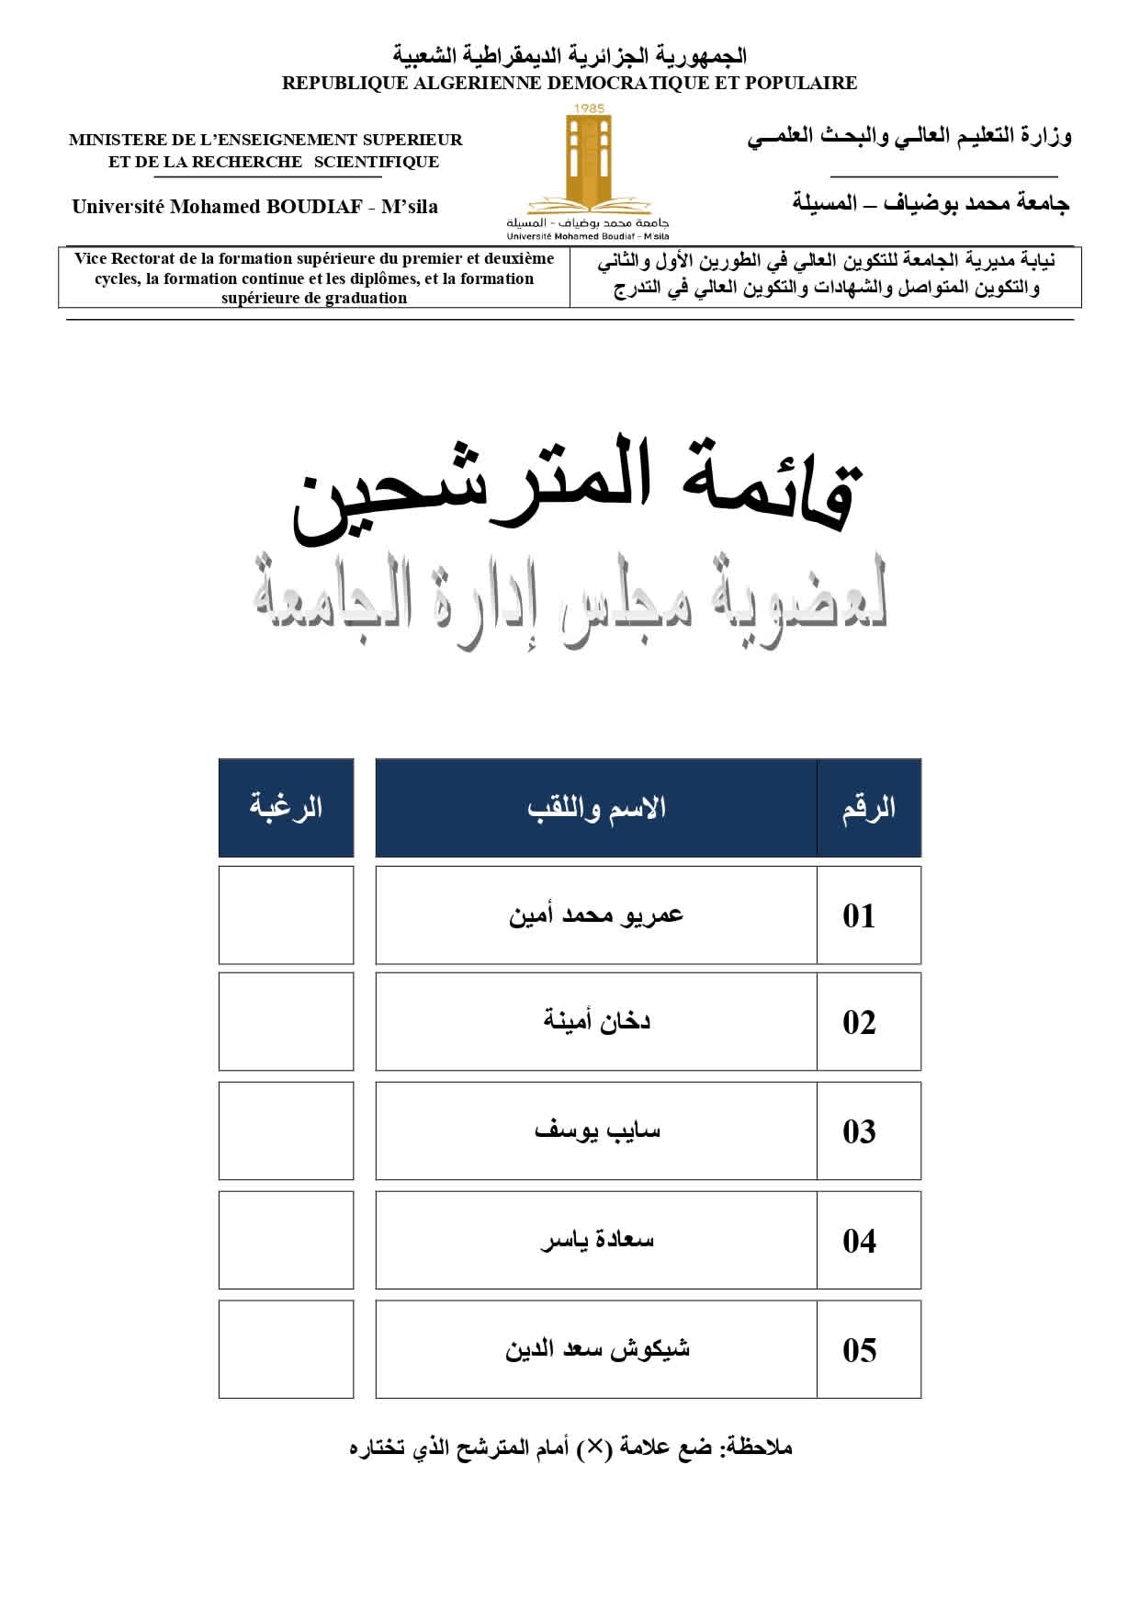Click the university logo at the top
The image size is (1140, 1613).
point(588,165)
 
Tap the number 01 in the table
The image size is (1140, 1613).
point(859,915)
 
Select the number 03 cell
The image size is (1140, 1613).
point(859,1131)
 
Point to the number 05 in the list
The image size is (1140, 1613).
point(859,1350)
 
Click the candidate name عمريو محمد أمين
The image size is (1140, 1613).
point(596,915)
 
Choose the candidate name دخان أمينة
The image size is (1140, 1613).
point(596,1021)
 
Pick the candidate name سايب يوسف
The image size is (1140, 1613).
point(597,1130)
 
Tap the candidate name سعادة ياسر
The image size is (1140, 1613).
point(597,1240)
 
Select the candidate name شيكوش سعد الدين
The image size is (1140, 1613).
point(597,1349)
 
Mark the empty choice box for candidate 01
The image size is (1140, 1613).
point(286,915)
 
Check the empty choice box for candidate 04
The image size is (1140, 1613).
point(286,1240)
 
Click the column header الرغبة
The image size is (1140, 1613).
point(286,808)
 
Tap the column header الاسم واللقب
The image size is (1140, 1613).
point(596,809)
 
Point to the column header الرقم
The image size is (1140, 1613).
point(868,809)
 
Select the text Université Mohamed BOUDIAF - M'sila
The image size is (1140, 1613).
point(254,207)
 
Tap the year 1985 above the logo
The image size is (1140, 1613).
point(588,109)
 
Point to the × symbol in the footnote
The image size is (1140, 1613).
point(595,1448)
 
